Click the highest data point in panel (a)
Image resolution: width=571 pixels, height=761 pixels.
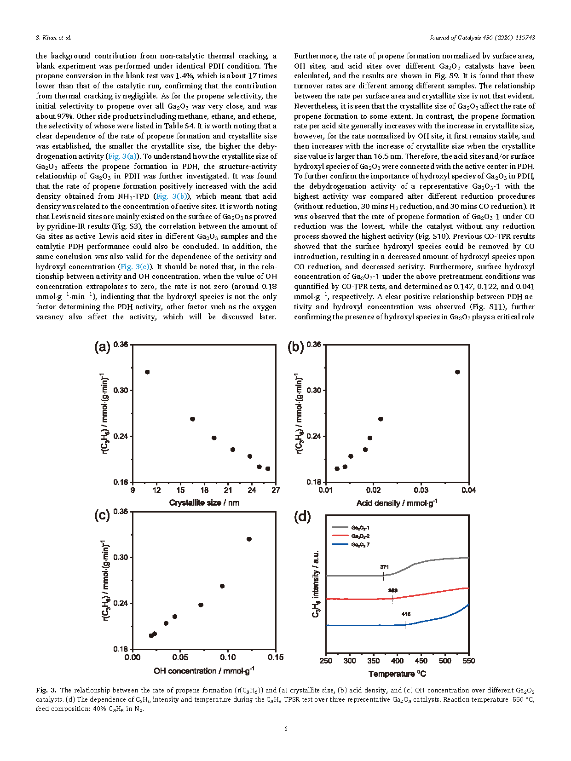click(x=147, y=372)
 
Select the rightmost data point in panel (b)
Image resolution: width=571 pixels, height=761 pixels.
click(x=457, y=372)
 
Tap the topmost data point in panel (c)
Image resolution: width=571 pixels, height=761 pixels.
click(x=249, y=539)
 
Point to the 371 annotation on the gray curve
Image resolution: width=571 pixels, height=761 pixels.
click(x=384, y=567)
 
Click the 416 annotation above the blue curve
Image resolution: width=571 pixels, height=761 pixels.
click(x=406, y=614)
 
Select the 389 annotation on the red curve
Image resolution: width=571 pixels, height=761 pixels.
click(x=392, y=590)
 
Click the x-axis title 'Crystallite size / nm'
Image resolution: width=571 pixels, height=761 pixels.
click(x=204, y=503)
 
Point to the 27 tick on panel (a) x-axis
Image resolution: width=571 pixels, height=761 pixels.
click(x=276, y=490)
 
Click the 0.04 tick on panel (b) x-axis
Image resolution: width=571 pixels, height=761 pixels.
click(x=469, y=490)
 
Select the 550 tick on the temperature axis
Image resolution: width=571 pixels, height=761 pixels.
click(x=469, y=661)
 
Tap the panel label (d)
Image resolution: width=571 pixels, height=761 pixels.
click(x=302, y=517)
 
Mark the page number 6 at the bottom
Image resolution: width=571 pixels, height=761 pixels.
click(x=286, y=728)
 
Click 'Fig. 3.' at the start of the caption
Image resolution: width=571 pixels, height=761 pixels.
click(x=46, y=690)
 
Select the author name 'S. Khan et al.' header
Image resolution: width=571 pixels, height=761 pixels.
click(x=53, y=38)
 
